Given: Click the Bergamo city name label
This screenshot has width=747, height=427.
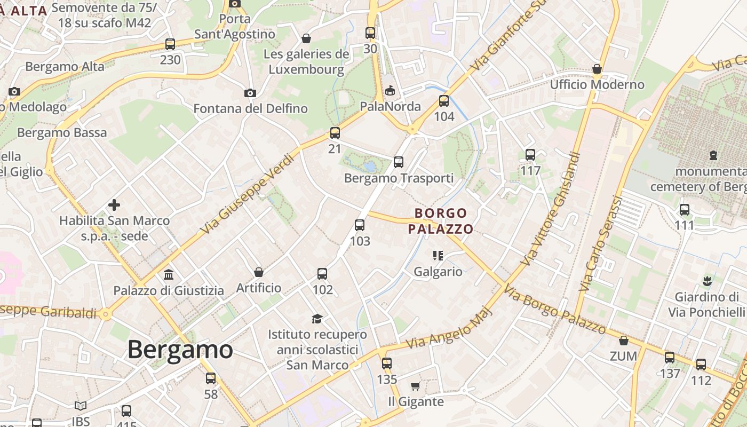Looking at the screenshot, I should (x=180, y=350).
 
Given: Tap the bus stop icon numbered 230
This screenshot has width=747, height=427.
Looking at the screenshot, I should (x=170, y=44).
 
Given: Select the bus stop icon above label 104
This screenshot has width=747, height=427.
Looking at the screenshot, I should (x=444, y=101).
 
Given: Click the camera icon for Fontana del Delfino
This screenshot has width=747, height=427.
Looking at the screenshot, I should (x=250, y=93).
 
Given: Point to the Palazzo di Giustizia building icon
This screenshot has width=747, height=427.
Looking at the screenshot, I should (x=169, y=275).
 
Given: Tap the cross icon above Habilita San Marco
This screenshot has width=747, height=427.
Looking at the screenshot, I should (x=114, y=204).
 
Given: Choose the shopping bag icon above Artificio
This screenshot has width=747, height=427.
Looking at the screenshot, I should (x=259, y=272).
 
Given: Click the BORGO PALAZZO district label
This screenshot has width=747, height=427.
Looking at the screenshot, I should (x=441, y=221).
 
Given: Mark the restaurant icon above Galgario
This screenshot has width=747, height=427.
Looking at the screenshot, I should (x=438, y=256).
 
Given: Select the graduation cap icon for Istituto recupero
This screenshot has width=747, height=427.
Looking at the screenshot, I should (x=317, y=319).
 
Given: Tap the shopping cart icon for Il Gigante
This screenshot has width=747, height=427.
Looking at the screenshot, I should (x=416, y=386).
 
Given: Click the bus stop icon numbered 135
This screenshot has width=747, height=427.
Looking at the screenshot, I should (x=387, y=363).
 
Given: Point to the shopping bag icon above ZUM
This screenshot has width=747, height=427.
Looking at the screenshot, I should (x=623, y=340).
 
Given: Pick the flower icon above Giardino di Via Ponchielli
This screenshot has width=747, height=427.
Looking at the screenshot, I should (x=707, y=280).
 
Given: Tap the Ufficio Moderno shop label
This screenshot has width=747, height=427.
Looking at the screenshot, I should (x=597, y=85).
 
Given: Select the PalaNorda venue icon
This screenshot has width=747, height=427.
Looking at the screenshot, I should (x=391, y=90).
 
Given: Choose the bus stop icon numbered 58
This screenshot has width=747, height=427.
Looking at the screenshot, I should (x=211, y=378).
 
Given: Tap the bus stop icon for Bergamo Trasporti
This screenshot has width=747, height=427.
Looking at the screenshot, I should (x=399, y=162).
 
